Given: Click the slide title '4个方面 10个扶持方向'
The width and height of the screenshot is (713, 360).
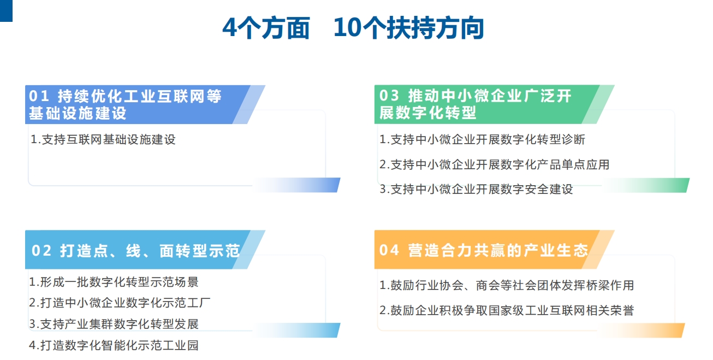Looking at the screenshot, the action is [353, 28].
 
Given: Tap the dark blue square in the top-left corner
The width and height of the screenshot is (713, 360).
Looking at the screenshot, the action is [6, 10].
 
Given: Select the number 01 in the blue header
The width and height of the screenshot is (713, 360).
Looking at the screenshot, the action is [39, 96].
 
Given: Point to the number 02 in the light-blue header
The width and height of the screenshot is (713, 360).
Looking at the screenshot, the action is [41, 250].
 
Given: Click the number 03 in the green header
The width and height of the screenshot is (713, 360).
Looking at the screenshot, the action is [389, 96].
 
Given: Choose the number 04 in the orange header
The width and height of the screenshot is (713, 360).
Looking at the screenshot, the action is [389, 250].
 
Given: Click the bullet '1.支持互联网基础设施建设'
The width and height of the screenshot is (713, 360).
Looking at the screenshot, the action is [103, 139].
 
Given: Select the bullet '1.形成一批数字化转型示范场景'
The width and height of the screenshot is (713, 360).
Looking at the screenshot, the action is [114, 282].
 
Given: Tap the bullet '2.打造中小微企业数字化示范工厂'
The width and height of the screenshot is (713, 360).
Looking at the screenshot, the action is [120, 303].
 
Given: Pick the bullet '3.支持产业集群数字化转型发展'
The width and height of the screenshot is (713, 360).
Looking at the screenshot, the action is [114, 324].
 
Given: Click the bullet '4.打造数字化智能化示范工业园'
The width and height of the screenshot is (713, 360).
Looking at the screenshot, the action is [114, 345].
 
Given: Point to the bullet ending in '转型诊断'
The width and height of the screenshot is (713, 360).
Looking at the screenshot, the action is [482, 139].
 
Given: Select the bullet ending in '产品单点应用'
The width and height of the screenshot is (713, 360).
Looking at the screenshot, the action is [494, 165].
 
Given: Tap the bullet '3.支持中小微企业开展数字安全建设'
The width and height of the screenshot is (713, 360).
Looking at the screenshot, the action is [476, 189].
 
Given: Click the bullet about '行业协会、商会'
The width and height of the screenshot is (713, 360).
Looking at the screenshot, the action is [507, 285].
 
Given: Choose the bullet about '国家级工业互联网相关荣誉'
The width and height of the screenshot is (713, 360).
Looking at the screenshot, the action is [507, 310].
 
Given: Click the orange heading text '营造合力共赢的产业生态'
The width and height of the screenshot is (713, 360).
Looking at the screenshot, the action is [498, 250].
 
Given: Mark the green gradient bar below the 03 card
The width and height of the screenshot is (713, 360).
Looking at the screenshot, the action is [646, 185].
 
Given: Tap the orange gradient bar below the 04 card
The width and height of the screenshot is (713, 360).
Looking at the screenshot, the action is [641, 331].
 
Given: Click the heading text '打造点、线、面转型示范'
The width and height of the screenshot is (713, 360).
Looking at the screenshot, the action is [150, 251].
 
